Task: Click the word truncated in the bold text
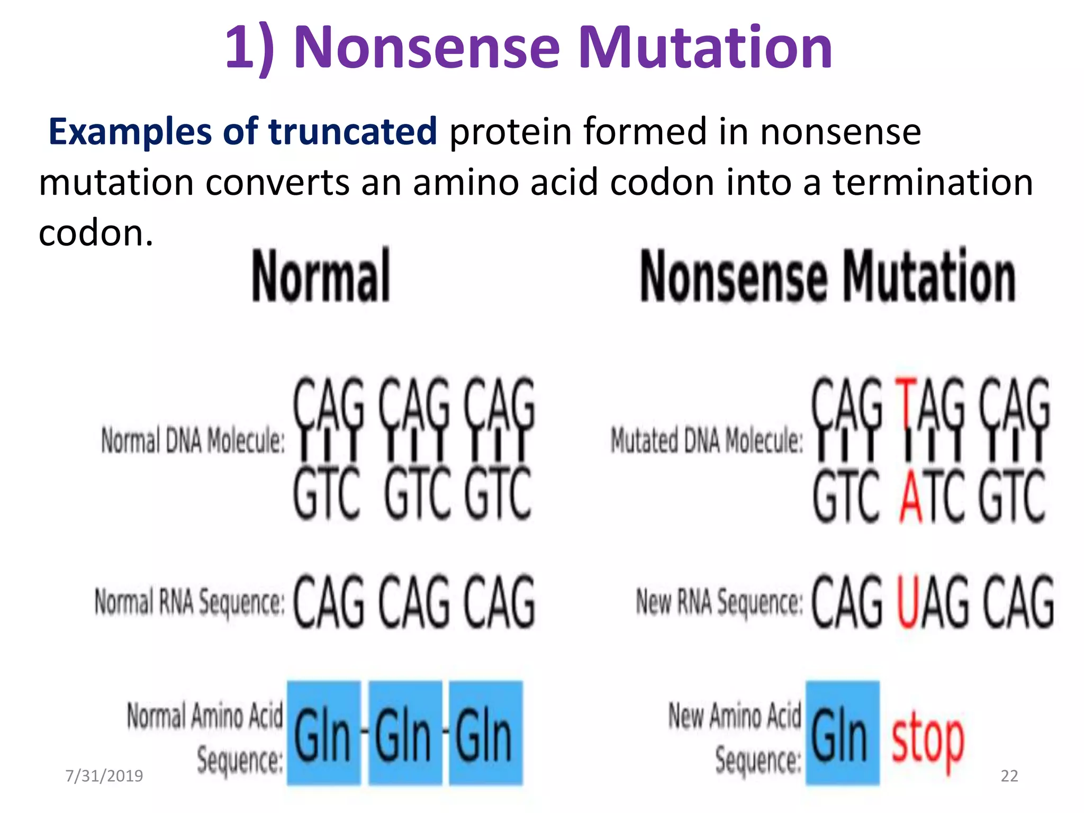(353, 132)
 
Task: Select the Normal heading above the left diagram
(321, 276)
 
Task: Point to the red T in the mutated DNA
(906, 402)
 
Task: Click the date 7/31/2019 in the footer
(104, 776)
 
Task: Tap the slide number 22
(1009, 776)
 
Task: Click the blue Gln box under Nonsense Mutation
(842, 733)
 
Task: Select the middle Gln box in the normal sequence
(405, 733)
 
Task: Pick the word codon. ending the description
(96, 233)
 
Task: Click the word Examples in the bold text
(129, 132)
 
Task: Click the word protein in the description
(510, 132)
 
